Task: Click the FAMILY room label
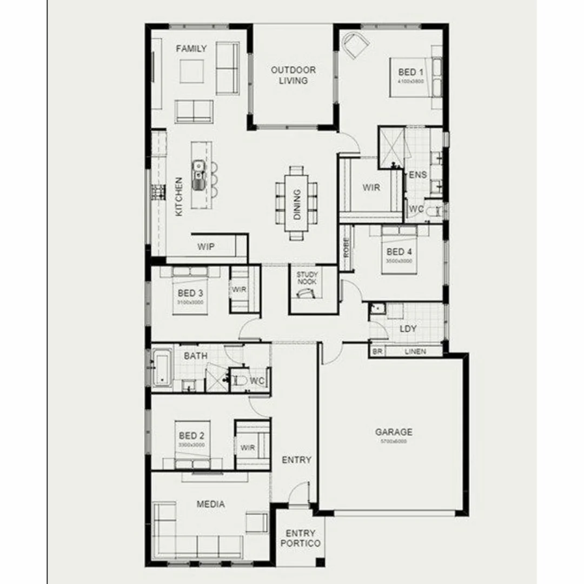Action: coord(191,49)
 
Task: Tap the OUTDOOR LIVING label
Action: coord(293,75)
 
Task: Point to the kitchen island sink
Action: coord(199,169)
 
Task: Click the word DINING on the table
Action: coord(296,204)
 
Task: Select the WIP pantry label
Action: coord(205,247)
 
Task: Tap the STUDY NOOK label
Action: coord(307,278)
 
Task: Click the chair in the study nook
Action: coord(307,293)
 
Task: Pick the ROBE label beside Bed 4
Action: coord(346,247)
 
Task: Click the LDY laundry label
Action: coord(408,329)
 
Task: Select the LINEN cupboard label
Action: coord(415,351)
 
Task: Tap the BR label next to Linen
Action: coord(377,351)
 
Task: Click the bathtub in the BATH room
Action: coord(162,368)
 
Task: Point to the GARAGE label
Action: coord(394,432)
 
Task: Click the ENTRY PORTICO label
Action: coord(301,538)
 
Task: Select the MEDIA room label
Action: coord(210,504)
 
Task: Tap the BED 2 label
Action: coord(191,435)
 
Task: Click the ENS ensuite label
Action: coord(418,175)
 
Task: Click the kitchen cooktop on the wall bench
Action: coord(157,191)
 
